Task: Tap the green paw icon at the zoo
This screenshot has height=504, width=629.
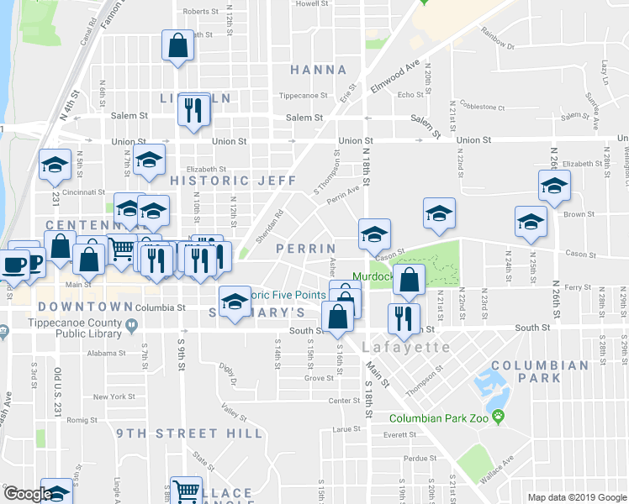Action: [x=499, y=417]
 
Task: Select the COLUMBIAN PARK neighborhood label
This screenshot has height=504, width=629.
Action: [x=539, y=371]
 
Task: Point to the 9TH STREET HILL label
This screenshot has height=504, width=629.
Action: [x=178, y=433]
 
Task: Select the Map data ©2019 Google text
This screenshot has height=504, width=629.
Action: [x=577, y=497]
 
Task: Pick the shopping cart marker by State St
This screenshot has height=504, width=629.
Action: [x=185, y=491]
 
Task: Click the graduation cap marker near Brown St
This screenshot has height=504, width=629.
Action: [x=531, y=221]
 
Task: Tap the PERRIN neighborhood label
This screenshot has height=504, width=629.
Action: [x=306, y=249]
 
